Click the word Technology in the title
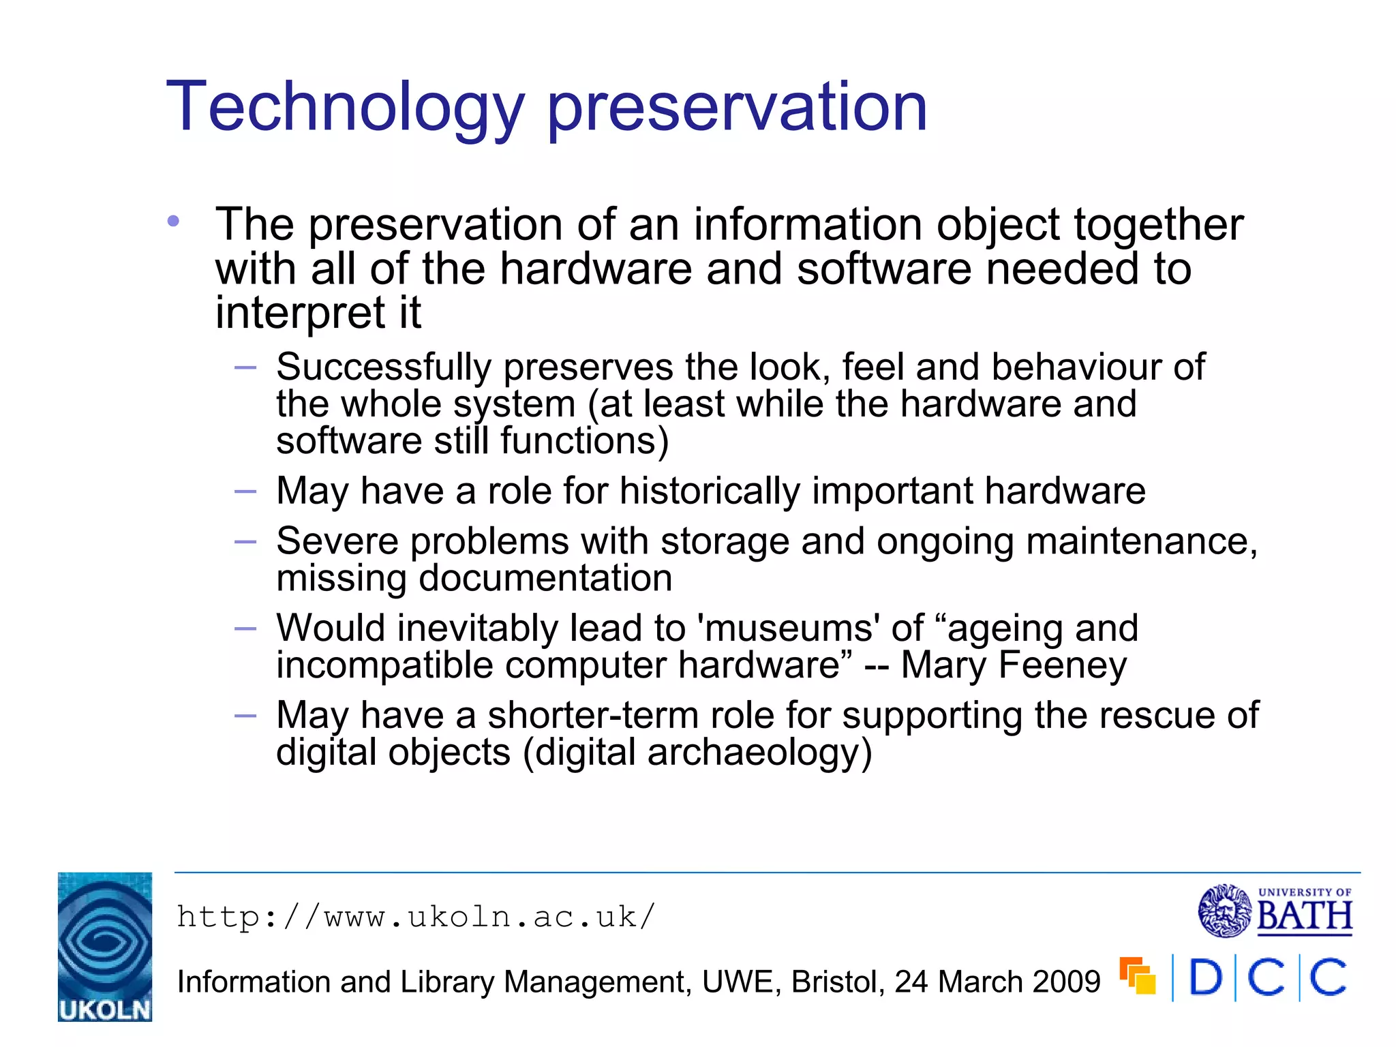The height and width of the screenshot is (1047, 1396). pos(345,108)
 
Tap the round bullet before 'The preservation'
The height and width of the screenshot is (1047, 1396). pos(174,221)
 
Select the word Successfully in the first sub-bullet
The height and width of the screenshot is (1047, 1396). pos(384,368)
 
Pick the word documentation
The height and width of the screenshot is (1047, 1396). pos(545,579)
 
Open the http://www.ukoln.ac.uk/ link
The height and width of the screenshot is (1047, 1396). pos(416,917)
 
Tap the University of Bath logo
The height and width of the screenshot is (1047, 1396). pos(1275,911)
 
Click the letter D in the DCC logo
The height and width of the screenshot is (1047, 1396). pos(1206,978)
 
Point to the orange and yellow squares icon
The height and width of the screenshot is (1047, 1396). pos(1138,976)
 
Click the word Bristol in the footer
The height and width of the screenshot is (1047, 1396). pos(838,982)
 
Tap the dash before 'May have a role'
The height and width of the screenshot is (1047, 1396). pos(245,491)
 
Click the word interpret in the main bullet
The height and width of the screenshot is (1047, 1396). pos(299,314)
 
